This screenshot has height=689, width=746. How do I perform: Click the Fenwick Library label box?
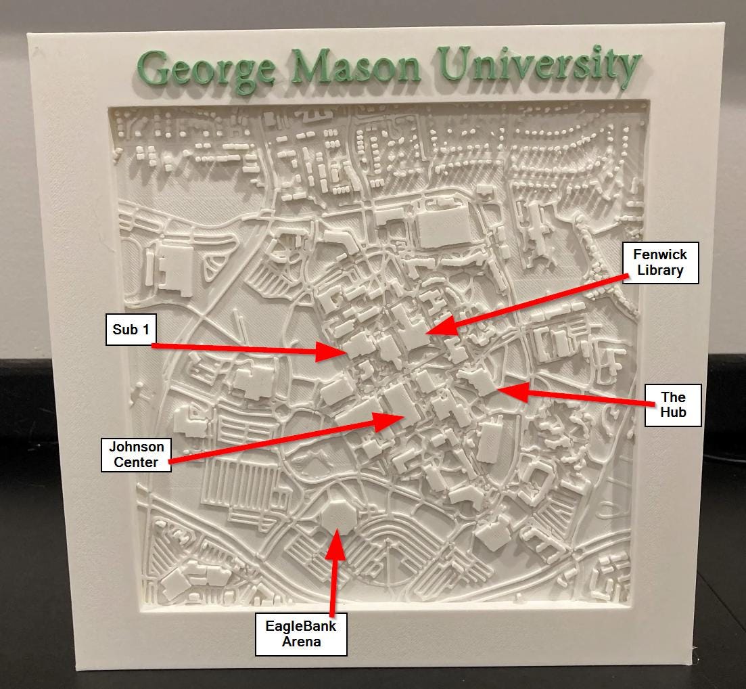tap(660, 263)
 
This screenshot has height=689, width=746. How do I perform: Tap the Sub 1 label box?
tap(131, 330)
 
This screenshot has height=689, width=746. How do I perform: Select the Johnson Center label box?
tap(136, 455)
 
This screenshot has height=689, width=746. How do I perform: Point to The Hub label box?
tap(672, 405)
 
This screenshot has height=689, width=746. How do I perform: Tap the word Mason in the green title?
tap(356, 67)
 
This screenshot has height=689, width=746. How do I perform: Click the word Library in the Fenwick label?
tap(660, 271)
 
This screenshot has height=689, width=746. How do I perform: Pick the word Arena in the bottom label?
tap(301, 642)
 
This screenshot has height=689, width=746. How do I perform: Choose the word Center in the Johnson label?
tap(136, 462)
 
